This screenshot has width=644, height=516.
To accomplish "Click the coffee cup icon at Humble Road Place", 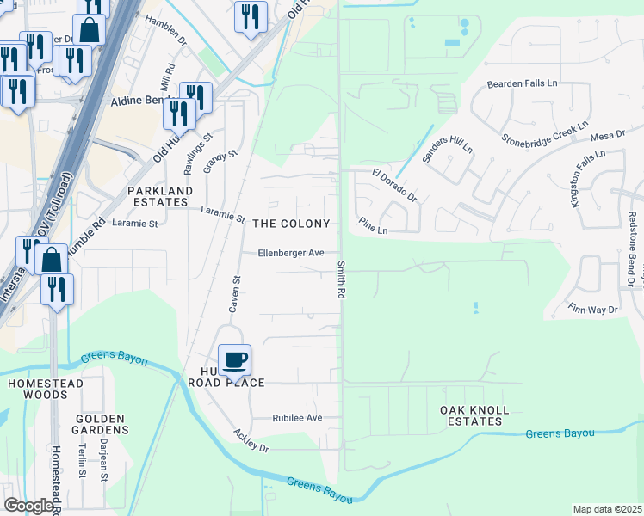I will pos(234,359).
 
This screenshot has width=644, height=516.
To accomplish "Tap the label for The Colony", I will pos(291,224).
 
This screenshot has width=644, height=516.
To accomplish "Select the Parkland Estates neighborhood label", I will pos(160,196).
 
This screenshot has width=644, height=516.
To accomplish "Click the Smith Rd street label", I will pos(342,280).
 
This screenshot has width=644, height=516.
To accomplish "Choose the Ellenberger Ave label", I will pos(292,253).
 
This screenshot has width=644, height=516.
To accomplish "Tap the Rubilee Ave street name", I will pos(296,418).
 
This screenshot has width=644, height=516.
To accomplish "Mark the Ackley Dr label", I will pos(251,441).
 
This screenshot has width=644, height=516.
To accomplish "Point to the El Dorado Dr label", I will pos(394,185).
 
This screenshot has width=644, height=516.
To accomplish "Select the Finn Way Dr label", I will pos(593,308).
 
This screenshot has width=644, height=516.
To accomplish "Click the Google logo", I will pos(28,506).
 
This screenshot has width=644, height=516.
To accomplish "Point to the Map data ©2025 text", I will pos(607,509).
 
